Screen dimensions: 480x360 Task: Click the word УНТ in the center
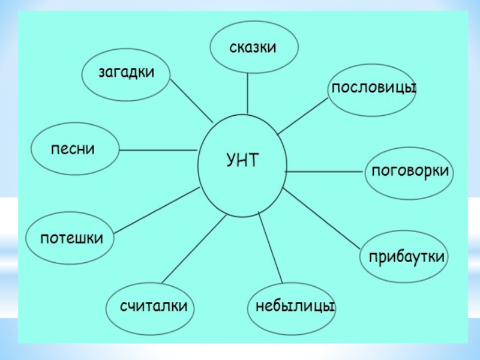point(242,160)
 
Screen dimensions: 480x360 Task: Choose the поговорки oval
point(410,172)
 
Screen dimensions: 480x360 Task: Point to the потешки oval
point(71,238)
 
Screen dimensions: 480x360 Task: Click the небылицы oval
point(293,307)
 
